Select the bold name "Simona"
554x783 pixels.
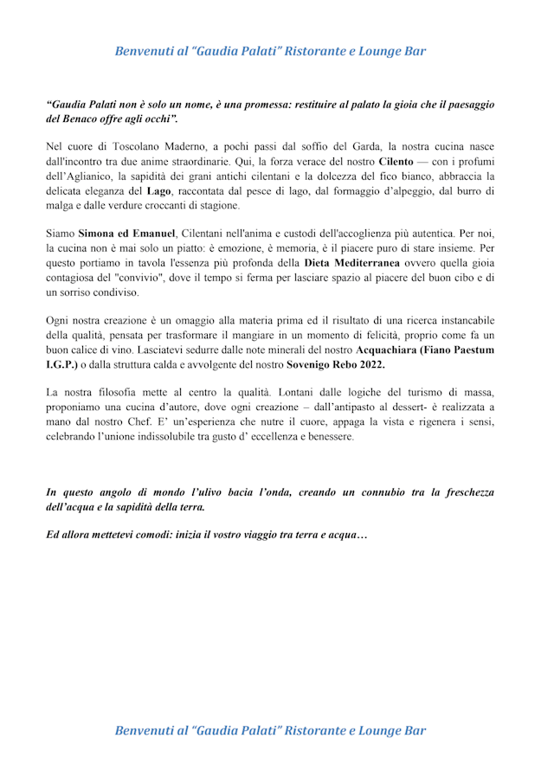pos(100,234)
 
